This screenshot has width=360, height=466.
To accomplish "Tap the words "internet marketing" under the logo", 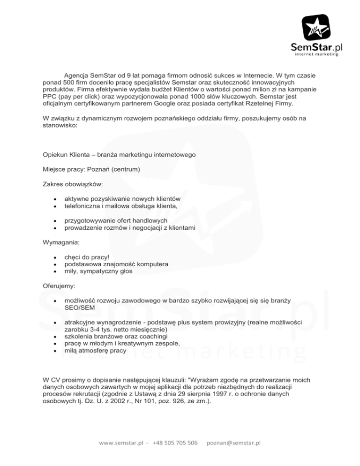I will point(316,54).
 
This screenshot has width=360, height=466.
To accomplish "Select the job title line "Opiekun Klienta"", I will point(71,155).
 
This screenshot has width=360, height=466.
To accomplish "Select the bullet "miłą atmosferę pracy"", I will point(95,350).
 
